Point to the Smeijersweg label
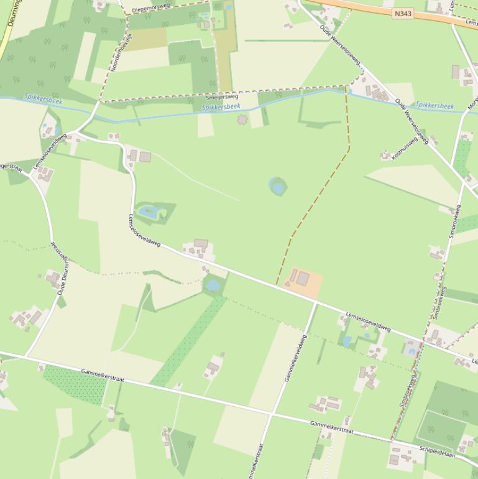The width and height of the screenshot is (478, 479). coord(222,97)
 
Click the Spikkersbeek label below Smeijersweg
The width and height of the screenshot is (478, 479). coord(221,107)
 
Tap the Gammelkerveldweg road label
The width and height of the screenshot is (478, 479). coord(295,358)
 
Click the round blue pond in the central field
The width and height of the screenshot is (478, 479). coord(277,185)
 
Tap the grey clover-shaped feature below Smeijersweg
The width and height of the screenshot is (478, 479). coord(242,119)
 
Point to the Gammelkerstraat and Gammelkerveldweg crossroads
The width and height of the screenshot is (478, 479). coord(272,413)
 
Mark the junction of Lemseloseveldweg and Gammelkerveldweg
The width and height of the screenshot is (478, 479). coord(315,303)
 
